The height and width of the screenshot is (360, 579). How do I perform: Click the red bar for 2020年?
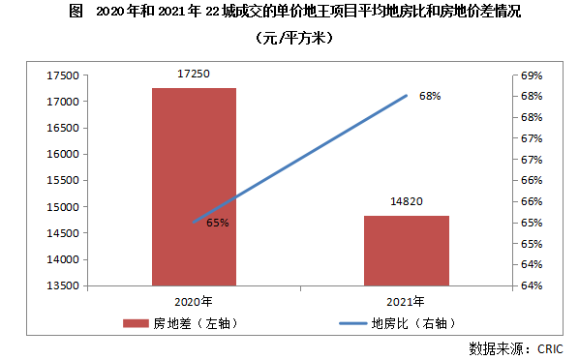coord(194,187)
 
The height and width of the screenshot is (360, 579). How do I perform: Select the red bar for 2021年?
coord(407,251)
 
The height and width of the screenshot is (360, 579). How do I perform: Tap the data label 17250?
coord(194,74)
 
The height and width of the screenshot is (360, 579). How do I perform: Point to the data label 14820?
coord(407,201)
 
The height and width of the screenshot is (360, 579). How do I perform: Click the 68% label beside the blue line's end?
coord(430,96)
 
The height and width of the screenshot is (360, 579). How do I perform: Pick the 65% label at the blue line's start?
coord(218,223)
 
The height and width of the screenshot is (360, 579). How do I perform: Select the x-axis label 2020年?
coord(194,302)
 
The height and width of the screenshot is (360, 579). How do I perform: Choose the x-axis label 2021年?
coord(406,302)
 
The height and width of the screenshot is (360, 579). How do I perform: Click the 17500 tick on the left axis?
coord(63,75)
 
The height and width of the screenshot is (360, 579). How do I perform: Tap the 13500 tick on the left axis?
coord(63,285)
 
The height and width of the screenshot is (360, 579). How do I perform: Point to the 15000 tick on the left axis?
coord(63,207)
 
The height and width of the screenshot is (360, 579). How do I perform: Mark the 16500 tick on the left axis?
coord(63,128)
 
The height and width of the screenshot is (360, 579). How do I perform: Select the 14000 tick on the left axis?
coord(63,259)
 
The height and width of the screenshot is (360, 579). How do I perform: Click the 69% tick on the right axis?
coord(532,75)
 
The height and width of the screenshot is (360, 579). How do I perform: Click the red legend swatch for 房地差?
coord(136,323)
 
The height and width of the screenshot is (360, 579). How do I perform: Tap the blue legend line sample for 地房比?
coord(353,323)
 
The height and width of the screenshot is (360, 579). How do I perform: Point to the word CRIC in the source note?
coord(550,349)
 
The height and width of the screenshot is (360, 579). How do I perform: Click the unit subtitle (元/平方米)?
coord(294,38)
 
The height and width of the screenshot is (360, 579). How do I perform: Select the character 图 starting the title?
coord(76,12)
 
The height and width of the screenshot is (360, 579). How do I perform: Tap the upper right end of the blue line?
coord(407,96)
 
